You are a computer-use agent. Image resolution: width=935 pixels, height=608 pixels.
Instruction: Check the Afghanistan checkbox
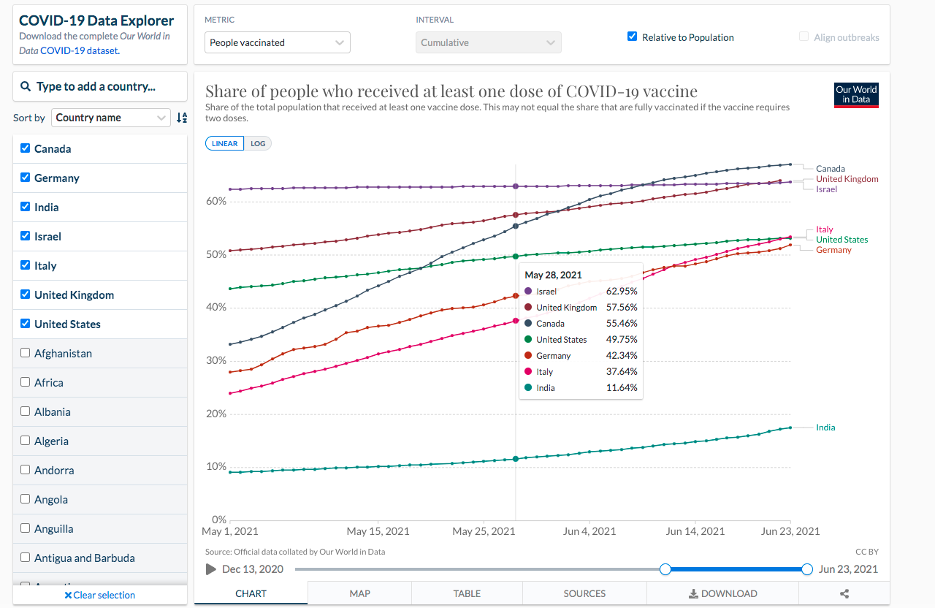coord(25,353)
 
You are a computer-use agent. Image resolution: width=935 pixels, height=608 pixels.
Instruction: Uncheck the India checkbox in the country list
coord(25,207)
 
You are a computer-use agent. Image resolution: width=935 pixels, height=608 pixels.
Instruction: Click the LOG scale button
coord(258,143)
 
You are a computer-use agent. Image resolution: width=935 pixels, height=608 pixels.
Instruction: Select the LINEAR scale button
coord(224,143)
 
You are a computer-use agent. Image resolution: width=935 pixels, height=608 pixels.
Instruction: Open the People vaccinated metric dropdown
coord(277,42)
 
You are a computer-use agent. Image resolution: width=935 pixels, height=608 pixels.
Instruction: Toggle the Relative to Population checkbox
coord(633,37)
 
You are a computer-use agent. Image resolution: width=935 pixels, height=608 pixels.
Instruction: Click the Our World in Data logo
coord(856,95)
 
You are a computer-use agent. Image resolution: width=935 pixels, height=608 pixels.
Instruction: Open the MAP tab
coord(359,593)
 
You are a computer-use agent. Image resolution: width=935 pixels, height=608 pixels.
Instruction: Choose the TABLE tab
coord(467,593)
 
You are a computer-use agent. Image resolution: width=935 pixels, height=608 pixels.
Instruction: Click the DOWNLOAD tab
coord(722,593)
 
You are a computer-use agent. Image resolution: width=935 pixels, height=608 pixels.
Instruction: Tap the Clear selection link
coord(100,595)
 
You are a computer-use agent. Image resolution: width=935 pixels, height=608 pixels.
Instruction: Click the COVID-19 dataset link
coord(80,50)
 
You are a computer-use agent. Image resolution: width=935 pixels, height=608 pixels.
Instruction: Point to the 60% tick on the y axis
coord(216,201)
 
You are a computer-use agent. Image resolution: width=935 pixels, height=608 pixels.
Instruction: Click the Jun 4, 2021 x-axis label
coord(589,531)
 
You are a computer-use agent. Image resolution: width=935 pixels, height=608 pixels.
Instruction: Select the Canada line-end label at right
coord(831,169)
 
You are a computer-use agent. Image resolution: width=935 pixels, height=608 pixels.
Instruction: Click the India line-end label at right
coord(825,427)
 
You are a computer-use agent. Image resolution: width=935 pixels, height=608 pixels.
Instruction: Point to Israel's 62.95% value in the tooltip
coord(622,291)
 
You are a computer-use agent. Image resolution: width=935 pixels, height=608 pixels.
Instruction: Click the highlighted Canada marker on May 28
coord(516,226)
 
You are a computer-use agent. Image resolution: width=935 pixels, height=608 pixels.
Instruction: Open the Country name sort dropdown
coord(110,118)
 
